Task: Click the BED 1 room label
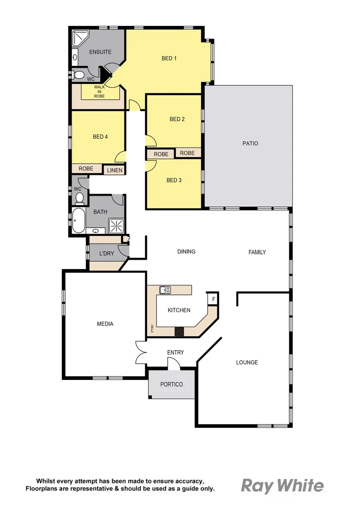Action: click(x=169, y=58)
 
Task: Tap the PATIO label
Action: click(x=250, y=143)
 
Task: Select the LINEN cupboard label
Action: click(x=115, y=170)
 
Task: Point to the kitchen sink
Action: click(x=165, y=290)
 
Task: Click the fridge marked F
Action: click(x=213, y=299)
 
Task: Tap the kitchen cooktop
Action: click(x=180, y=331)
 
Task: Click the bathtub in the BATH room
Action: click(x=79, y=221)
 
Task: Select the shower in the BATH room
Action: click(x=116, y=226)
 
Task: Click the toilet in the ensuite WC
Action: click(x=79, y=74)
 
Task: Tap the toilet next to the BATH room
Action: click(x=79, y=198)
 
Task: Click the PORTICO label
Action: click(x=172, y=384)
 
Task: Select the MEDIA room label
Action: click(x=105, y=324)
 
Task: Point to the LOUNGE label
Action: click(x=247, y=362)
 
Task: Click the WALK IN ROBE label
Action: click(x=99, y=91)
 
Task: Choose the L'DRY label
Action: click(x=106, y=254)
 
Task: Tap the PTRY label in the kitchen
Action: click(x=152, y=328)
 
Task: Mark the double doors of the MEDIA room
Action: click(x=140, y=352)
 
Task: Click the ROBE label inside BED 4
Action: click(x=86, y=168)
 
